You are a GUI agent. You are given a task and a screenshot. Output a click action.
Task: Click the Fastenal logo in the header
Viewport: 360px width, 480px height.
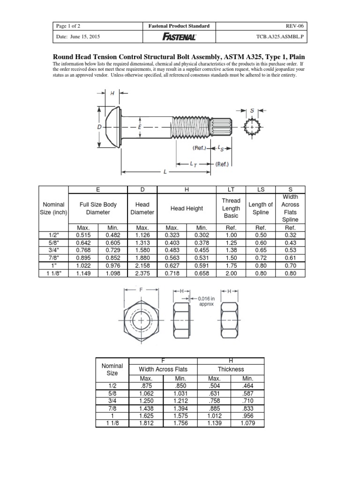180,36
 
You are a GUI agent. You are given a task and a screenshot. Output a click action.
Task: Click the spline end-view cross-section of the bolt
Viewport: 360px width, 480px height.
253,127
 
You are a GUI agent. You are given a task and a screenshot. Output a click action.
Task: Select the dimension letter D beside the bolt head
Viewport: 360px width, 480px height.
99,127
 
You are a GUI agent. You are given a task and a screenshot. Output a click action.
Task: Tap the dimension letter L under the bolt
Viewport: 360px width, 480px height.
165,172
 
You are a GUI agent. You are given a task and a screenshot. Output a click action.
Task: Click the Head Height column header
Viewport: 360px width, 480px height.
187,208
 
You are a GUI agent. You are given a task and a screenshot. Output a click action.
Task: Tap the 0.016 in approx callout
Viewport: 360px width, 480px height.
206,301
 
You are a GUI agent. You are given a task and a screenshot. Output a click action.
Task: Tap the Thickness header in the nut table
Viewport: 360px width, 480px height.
230,369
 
